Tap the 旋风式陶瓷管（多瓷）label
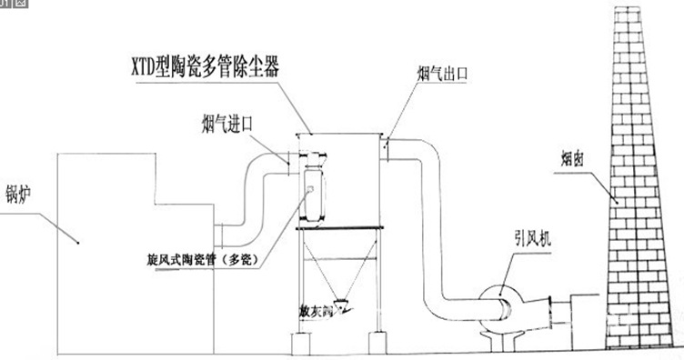[202, 258]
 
